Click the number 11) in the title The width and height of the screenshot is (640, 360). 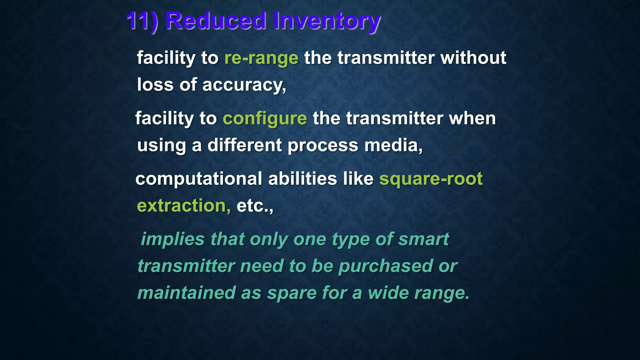pos(142,21)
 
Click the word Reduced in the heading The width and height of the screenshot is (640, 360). pos(216,21)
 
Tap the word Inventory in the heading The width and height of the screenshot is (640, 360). pos(327,21)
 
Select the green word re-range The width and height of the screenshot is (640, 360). pos(261,58)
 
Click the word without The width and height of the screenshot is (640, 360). pos(473,58)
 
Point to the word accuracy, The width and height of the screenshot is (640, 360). pos(244,85)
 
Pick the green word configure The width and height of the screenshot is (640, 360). pos(265,119)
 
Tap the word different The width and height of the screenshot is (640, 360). pos(244,146)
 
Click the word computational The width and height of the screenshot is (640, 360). pos(199,179)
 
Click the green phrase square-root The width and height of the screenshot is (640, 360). pos(431,179)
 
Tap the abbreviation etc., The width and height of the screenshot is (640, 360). pos(255,206)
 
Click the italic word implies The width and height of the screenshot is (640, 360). pos(172,239)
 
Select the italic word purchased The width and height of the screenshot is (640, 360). pos(386,266)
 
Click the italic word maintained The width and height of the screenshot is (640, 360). pos(187,293)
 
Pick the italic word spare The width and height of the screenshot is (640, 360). pos(292,293)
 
